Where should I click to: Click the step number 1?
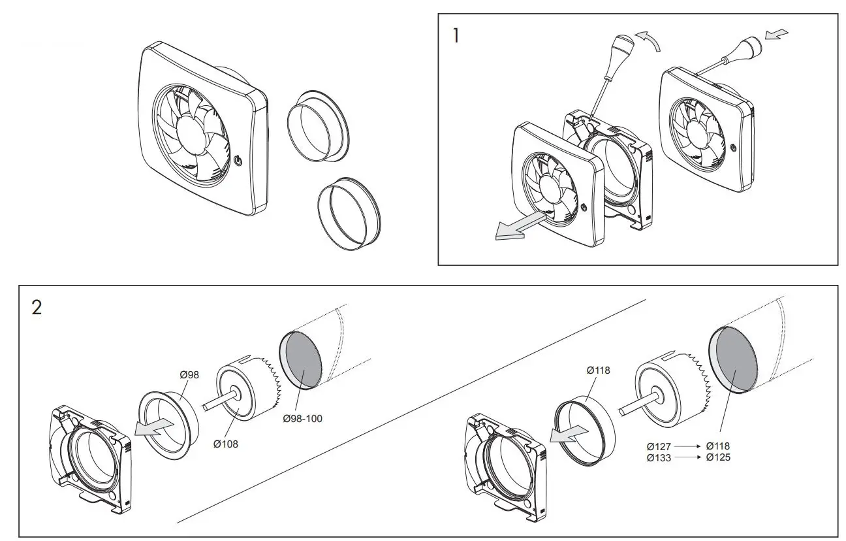pyautogui.click(x=456, y=35)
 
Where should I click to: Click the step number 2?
pyautogui.click(x=37, y=308)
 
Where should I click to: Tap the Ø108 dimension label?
pyautogui.click(x=226, y=444)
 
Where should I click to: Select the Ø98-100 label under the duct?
pyautogui.click(x=302, y=418)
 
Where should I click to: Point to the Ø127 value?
pyautogui.click(x=659, y=446)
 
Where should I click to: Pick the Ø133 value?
pyautogui.click(x=659, y=457)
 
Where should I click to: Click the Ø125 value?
pyautogui.click(x=718, y=457)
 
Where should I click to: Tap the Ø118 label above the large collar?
pyautogui.click(x=598, y=370)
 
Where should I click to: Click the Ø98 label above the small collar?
pyautogui.click(x=189, y=374)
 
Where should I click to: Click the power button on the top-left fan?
pyautogui.click(x=238, y=159)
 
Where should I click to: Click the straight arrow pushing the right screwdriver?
pyautogui.click(x=777, y=35)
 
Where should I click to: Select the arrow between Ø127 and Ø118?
pyautogui.click(x=689, y=446)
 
